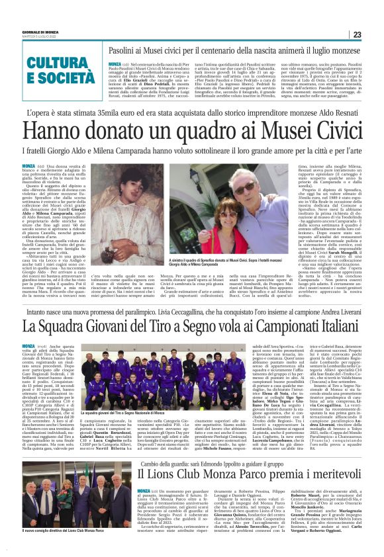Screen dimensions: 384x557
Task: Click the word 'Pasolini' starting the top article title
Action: tap(123, 50)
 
